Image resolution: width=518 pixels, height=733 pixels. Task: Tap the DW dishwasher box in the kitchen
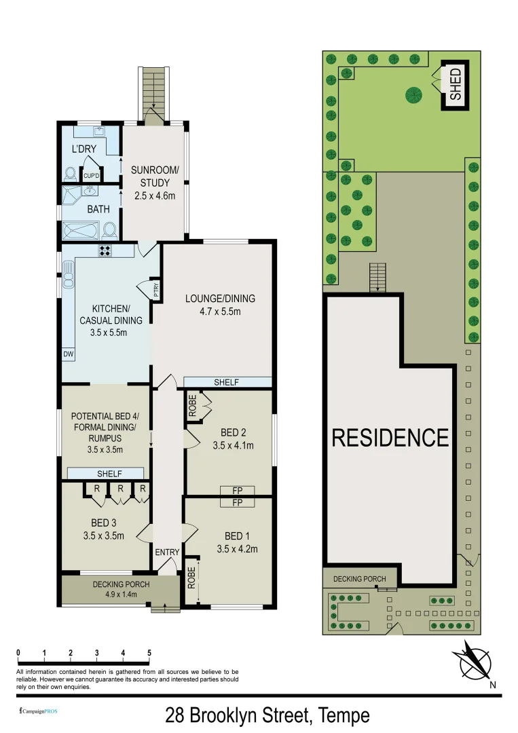pos(69,354)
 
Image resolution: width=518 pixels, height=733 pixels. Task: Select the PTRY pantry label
pos(155,290)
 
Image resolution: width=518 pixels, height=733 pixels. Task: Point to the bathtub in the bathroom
pos(81,231)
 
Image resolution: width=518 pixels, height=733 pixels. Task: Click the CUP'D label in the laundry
pos(91,176)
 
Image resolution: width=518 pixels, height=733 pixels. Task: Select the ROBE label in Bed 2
pos(192,406)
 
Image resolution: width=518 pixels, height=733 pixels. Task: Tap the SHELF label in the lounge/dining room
pos(226,382)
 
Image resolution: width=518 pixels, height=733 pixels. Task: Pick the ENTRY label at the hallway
pos(166,552)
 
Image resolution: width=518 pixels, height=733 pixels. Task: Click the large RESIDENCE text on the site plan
pos(390,438)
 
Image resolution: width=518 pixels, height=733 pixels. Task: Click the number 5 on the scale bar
pos(149,653)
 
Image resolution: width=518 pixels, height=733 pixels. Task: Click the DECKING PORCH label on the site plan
pos(359,579)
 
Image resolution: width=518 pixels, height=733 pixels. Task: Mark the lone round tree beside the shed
pos(413,96)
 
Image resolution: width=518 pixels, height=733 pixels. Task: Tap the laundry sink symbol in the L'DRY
pos(98,130)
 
